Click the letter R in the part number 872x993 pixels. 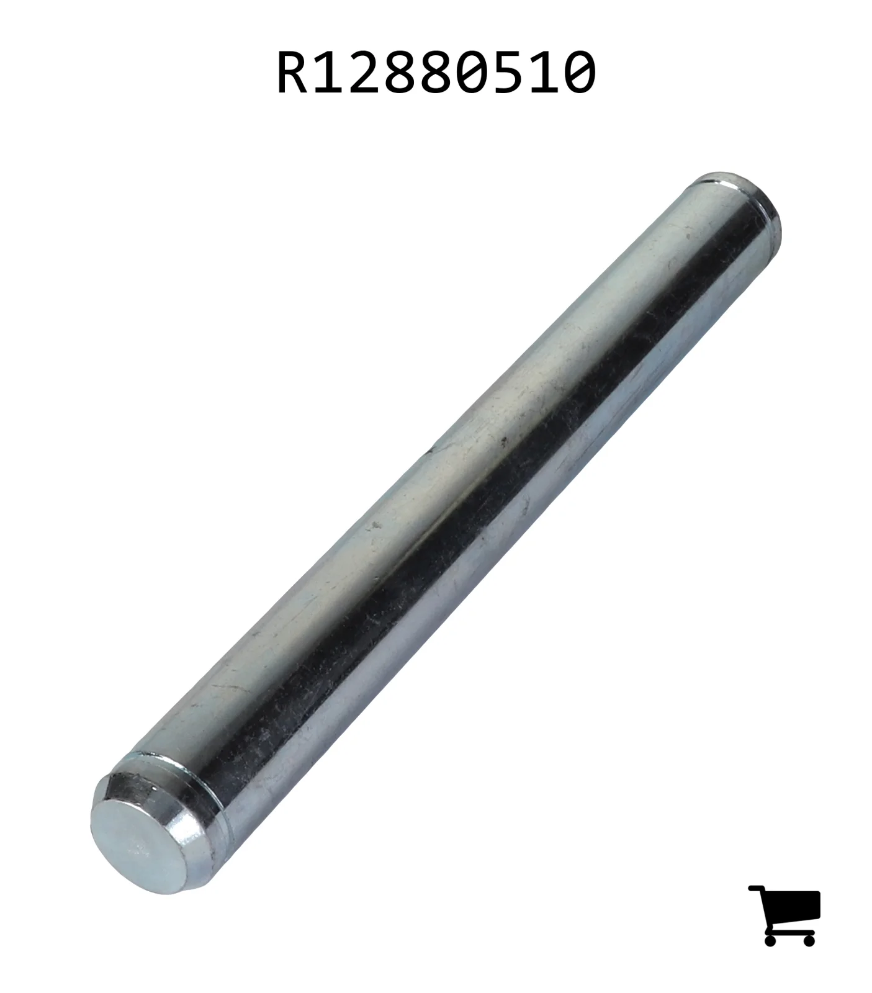[x=293, y=73]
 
